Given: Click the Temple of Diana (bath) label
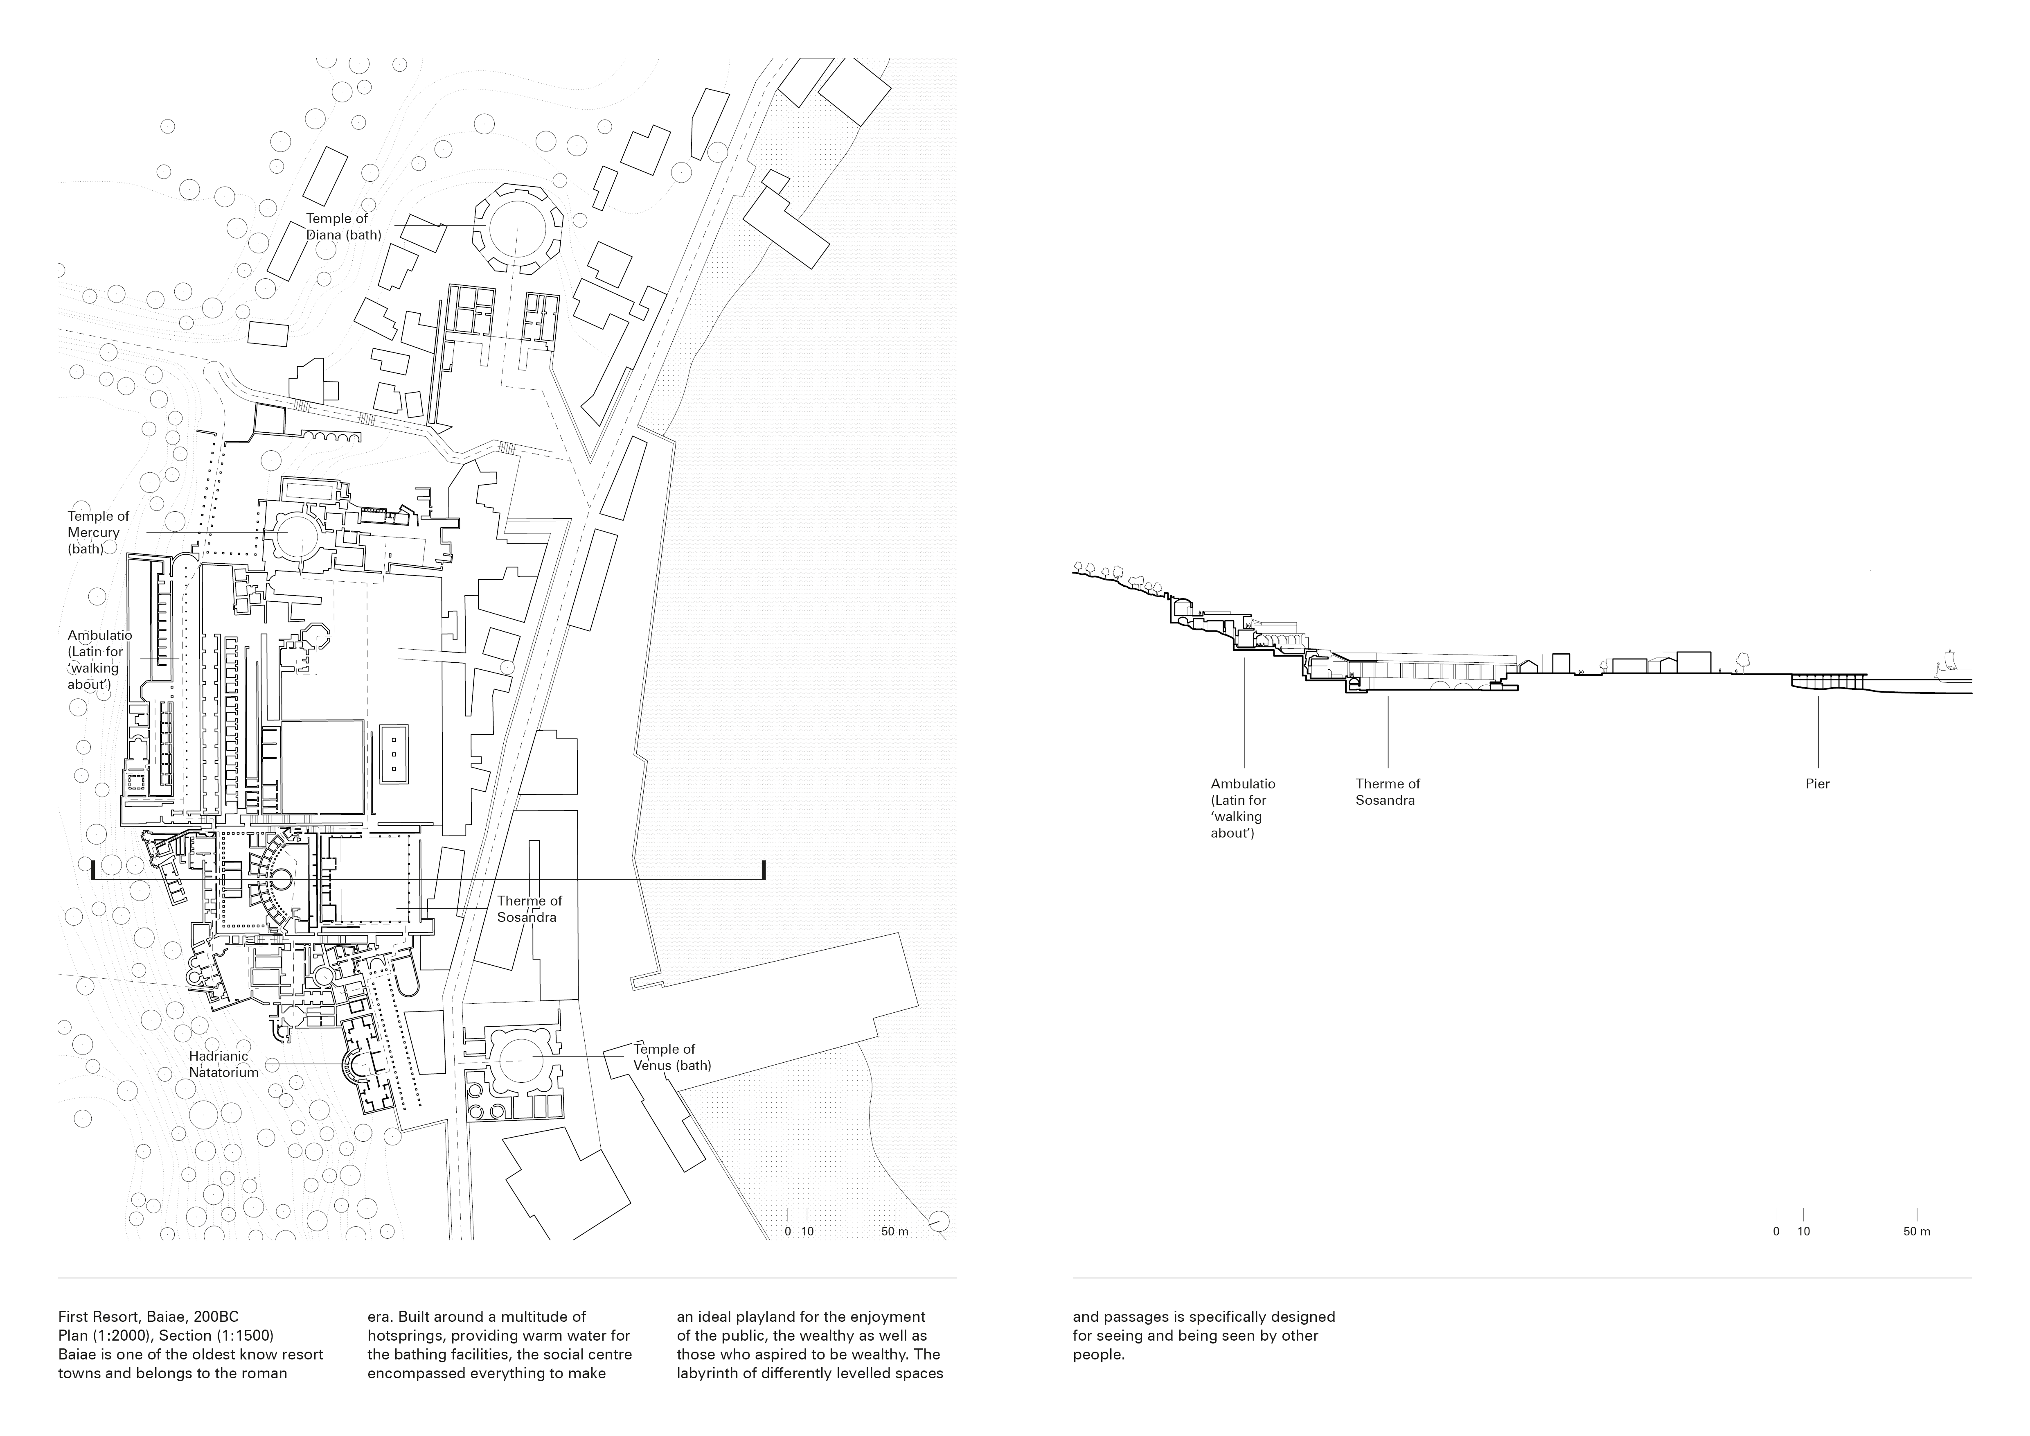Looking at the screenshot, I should coord(343,226).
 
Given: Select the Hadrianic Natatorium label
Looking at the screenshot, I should coord(224,1064).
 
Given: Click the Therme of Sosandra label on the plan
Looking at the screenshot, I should coord(529,909).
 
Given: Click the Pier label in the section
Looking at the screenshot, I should coord(1818,783).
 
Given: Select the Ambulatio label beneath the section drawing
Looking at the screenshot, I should coord(1242,808).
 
